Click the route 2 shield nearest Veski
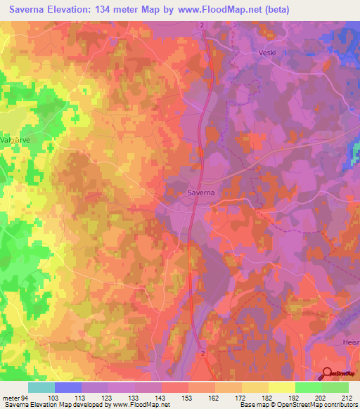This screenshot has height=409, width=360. [x=202, y=25]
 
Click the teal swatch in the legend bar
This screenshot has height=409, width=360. [x=41, y=387]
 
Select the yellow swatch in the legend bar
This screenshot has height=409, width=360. [x=282, y=387]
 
